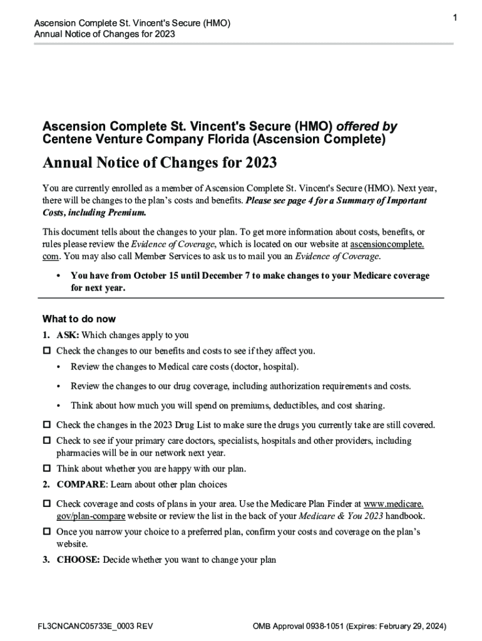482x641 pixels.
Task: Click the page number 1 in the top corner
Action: pyautogui.click(x=455, y=18)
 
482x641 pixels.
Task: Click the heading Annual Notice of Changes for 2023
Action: pyautogui.click(x=160, y=163)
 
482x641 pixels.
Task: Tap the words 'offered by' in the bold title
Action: pyautogui.click(x=367, y=126)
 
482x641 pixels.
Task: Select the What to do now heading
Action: pyautogui.click(x=79, y=319)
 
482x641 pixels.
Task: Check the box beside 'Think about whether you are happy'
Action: pyautogui.click(x=46, y=468)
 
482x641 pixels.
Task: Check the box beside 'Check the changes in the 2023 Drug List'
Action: pyautogui.click(x=46, y=425)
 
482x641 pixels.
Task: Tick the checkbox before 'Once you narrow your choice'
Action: pyautogui.click(x=46, y=531)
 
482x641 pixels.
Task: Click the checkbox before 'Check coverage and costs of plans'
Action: pyautogui.click(x=46, y=503)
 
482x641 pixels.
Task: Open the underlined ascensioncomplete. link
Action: pyautogui.click(x=387, y=244)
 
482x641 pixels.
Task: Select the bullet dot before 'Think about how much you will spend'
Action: pyautogui.click(x=58, y=406)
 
